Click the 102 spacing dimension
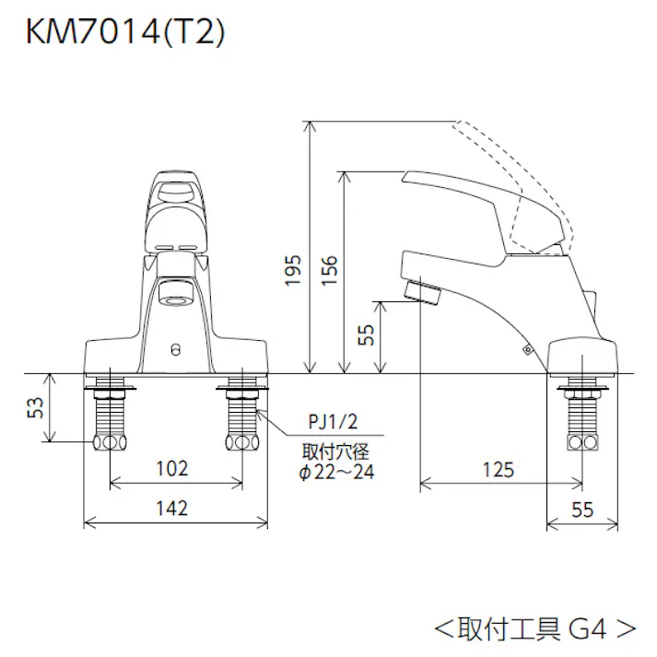point(171,468)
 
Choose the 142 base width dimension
point(171,508)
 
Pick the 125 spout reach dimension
point(498,470)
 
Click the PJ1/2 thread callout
point(332,425)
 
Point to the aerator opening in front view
point(176,297)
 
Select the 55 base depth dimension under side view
point(581,508)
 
